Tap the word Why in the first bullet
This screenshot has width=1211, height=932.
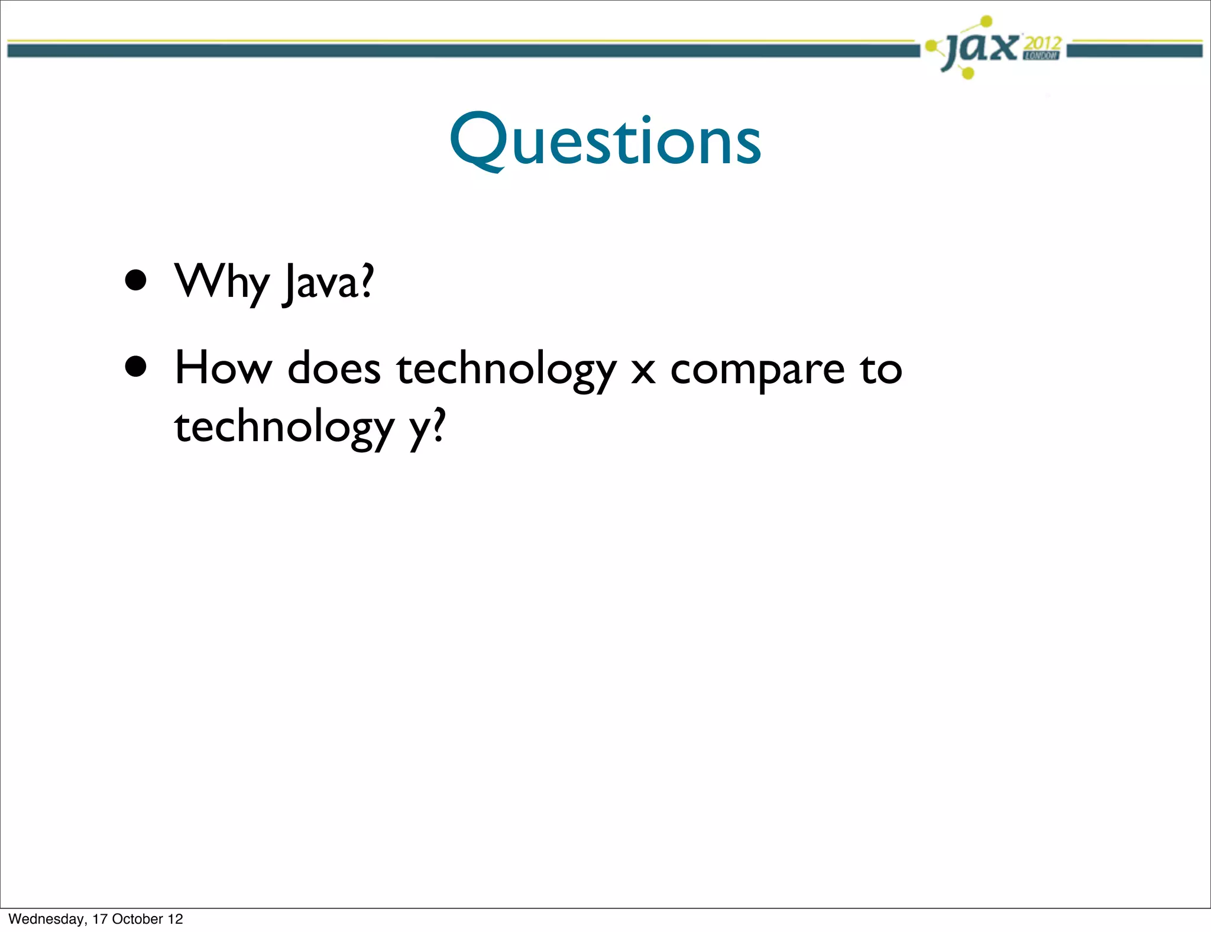pos(222,282)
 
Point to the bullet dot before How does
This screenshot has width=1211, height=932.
pos(136,367)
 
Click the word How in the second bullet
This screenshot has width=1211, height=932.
pos(223,368)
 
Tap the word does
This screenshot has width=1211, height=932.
pos(333,368)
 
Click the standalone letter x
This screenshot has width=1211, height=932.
pos(643,371)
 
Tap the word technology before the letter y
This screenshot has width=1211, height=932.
pos(284,427)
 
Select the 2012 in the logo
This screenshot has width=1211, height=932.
pos(1042,43)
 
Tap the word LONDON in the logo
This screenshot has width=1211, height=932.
pos(1041,56)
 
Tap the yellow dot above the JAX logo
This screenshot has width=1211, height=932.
pos(986,22)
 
